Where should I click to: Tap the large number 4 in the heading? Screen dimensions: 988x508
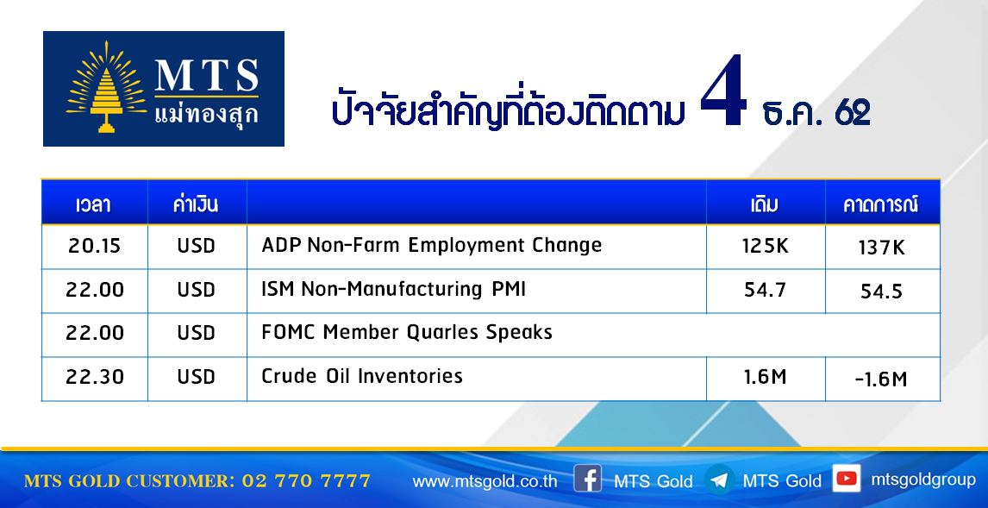(723, 92)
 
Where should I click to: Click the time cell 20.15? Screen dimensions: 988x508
(95, 246)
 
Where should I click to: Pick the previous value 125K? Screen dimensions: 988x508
(765, 246)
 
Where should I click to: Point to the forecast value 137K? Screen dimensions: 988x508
(881, 248)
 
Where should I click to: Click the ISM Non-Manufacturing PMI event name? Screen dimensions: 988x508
(394, 289)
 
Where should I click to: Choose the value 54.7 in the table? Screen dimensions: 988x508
(765, 290)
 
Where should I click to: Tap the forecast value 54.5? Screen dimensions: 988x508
(881, 292)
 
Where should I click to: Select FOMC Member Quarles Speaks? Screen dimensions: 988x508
(407, 332)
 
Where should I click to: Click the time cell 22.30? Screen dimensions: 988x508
(95, 377)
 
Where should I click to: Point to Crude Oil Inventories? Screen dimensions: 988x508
(362, 376)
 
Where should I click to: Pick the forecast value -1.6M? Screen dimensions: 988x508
(881, 379)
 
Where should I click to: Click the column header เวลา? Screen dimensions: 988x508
(93, 205)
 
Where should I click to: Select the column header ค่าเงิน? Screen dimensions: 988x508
(196, 204)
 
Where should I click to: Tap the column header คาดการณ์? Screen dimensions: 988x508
(881, 205)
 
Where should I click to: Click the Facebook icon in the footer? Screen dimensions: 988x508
(587, 480)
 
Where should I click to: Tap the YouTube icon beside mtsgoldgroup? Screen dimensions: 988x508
(847, 479)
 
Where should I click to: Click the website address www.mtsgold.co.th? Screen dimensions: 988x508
(485, 481)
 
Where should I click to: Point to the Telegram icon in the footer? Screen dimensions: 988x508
(718, 480)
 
